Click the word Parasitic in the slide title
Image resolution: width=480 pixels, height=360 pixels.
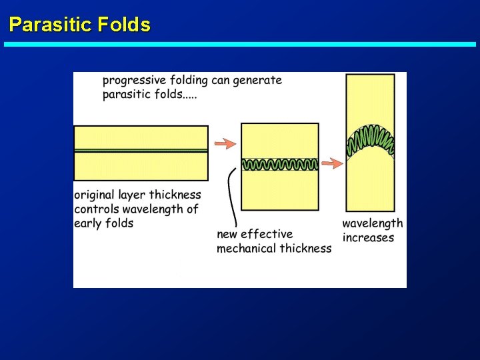point(50,25)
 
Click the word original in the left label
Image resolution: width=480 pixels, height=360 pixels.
point(93,195)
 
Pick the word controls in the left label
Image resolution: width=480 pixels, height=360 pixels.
point(97,209)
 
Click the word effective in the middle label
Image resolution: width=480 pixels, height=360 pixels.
point(267,234)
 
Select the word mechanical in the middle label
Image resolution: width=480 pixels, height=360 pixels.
point(247,249)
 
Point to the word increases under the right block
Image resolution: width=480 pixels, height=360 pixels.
point(368,238)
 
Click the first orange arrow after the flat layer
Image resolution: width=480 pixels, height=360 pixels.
point(225,143)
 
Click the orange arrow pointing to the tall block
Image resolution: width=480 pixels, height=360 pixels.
point(332,163)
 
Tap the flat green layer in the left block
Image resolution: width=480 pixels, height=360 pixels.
point(141,151)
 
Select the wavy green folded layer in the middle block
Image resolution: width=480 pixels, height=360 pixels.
point(280,164)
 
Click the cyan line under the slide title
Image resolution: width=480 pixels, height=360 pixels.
point(240,45)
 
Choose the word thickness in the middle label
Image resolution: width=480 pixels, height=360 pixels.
point(306,249)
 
